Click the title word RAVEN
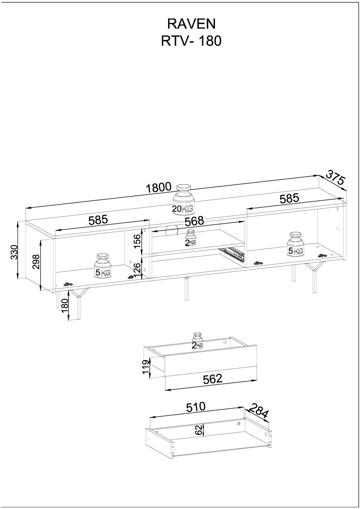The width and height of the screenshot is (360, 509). click(191, 24)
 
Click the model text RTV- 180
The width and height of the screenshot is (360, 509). click(191, 41)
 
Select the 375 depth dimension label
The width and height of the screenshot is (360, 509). click(336, 177)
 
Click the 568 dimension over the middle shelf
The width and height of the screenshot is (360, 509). click(194, 221)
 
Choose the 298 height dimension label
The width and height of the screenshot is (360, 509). click(36, 262)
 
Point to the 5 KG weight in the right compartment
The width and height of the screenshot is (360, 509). click(295, 244)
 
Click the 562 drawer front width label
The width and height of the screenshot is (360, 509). click(212, 378)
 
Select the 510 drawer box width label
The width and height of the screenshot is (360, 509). click(196, 407)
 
